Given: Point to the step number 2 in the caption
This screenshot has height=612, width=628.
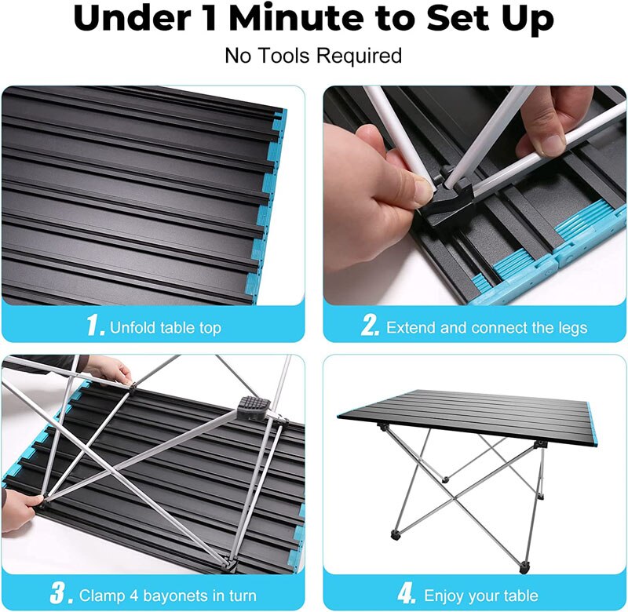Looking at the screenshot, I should (x=371, y=326).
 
